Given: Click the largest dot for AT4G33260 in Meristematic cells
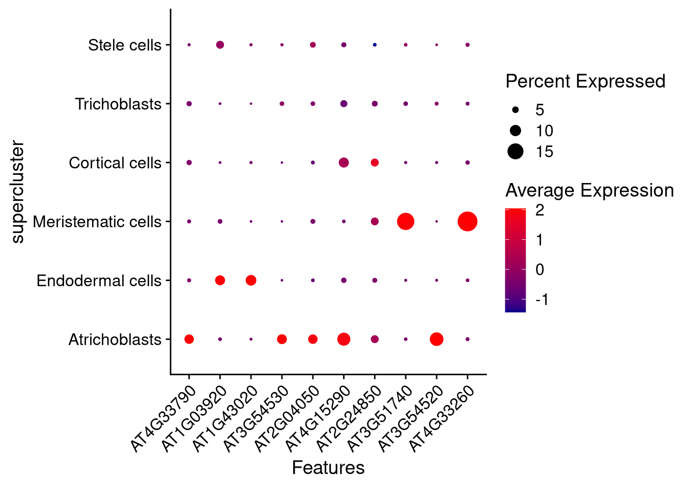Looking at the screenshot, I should pos(467,222).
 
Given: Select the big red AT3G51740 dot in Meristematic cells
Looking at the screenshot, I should pos(405,222).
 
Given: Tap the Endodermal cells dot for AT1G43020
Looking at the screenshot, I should pos(251,280).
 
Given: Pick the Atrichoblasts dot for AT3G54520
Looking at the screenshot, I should pos(436,339).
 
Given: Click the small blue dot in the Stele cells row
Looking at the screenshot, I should pos(375,45).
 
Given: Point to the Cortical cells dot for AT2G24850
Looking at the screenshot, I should pos(375,163).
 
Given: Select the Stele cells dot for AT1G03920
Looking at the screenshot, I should pos(220,45).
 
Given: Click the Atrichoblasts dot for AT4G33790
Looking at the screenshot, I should pos(189,339).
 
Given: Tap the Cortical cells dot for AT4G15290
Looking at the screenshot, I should pos(344,163).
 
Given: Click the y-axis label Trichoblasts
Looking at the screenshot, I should pos(118,104).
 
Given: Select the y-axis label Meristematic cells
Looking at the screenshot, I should pos(97,222).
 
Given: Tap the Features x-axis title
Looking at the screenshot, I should pos(328,468).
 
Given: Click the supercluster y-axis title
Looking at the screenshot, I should pos(18,192).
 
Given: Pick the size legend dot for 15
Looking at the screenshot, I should pos(516,151).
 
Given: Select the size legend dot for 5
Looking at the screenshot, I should pos(516,109).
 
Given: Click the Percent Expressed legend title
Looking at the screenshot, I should pos(585,81).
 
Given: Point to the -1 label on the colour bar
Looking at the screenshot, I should pos(543,299).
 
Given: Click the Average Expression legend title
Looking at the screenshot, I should pos(589,190).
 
